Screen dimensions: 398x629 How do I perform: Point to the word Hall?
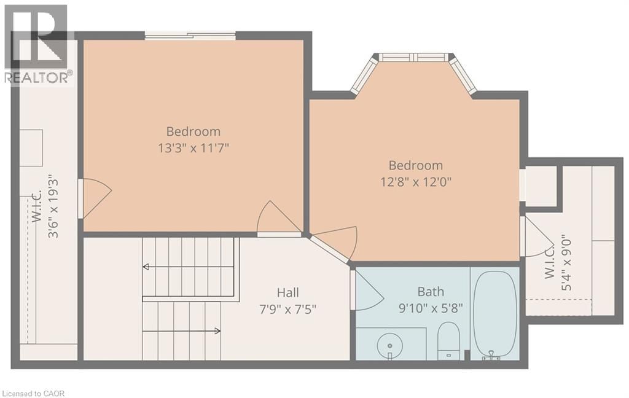tap(287, 293)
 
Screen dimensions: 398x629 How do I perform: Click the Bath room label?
tap(431, 292)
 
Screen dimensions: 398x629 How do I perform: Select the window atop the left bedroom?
tap(190, 36)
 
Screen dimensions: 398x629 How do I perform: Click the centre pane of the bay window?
tap(414, 57)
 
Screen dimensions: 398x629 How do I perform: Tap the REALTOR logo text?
tap(38, 77)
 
